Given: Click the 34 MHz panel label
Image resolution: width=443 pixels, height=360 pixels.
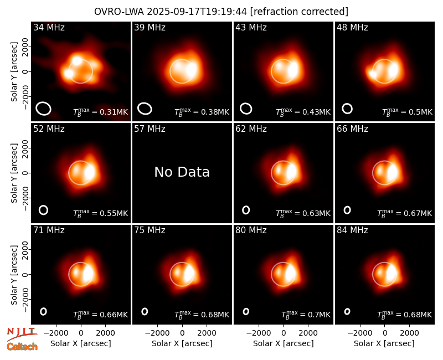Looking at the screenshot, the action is click(49, 27).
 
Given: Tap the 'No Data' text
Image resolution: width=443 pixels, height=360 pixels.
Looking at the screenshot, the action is click(182, 172).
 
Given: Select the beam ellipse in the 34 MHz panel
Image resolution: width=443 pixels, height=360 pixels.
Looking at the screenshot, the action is click(43, 109).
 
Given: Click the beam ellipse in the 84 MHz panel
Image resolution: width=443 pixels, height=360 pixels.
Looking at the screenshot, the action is click(347, 311).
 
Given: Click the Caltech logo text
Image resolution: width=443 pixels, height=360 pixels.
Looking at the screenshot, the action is click(22, 347).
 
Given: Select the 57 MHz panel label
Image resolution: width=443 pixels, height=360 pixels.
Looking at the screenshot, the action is click(150, 129).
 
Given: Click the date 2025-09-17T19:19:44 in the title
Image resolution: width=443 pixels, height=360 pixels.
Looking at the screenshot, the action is click(197, 12).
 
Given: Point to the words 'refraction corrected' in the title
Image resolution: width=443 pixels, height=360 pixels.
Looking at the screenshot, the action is click(299, 12).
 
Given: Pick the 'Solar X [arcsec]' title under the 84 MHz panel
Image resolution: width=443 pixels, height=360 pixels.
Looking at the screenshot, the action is click(384, 343).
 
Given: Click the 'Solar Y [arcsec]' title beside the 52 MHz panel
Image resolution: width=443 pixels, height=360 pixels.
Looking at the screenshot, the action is click(14, 173).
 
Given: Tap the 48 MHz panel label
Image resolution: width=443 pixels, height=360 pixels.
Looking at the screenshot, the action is click(352, 27).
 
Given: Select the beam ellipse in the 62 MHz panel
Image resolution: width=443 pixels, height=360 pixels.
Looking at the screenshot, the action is click(246, 210).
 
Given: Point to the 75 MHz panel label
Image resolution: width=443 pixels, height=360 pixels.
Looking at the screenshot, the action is click(150, 230).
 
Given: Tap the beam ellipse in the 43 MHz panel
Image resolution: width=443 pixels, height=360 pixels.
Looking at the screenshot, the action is click(246, 109).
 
